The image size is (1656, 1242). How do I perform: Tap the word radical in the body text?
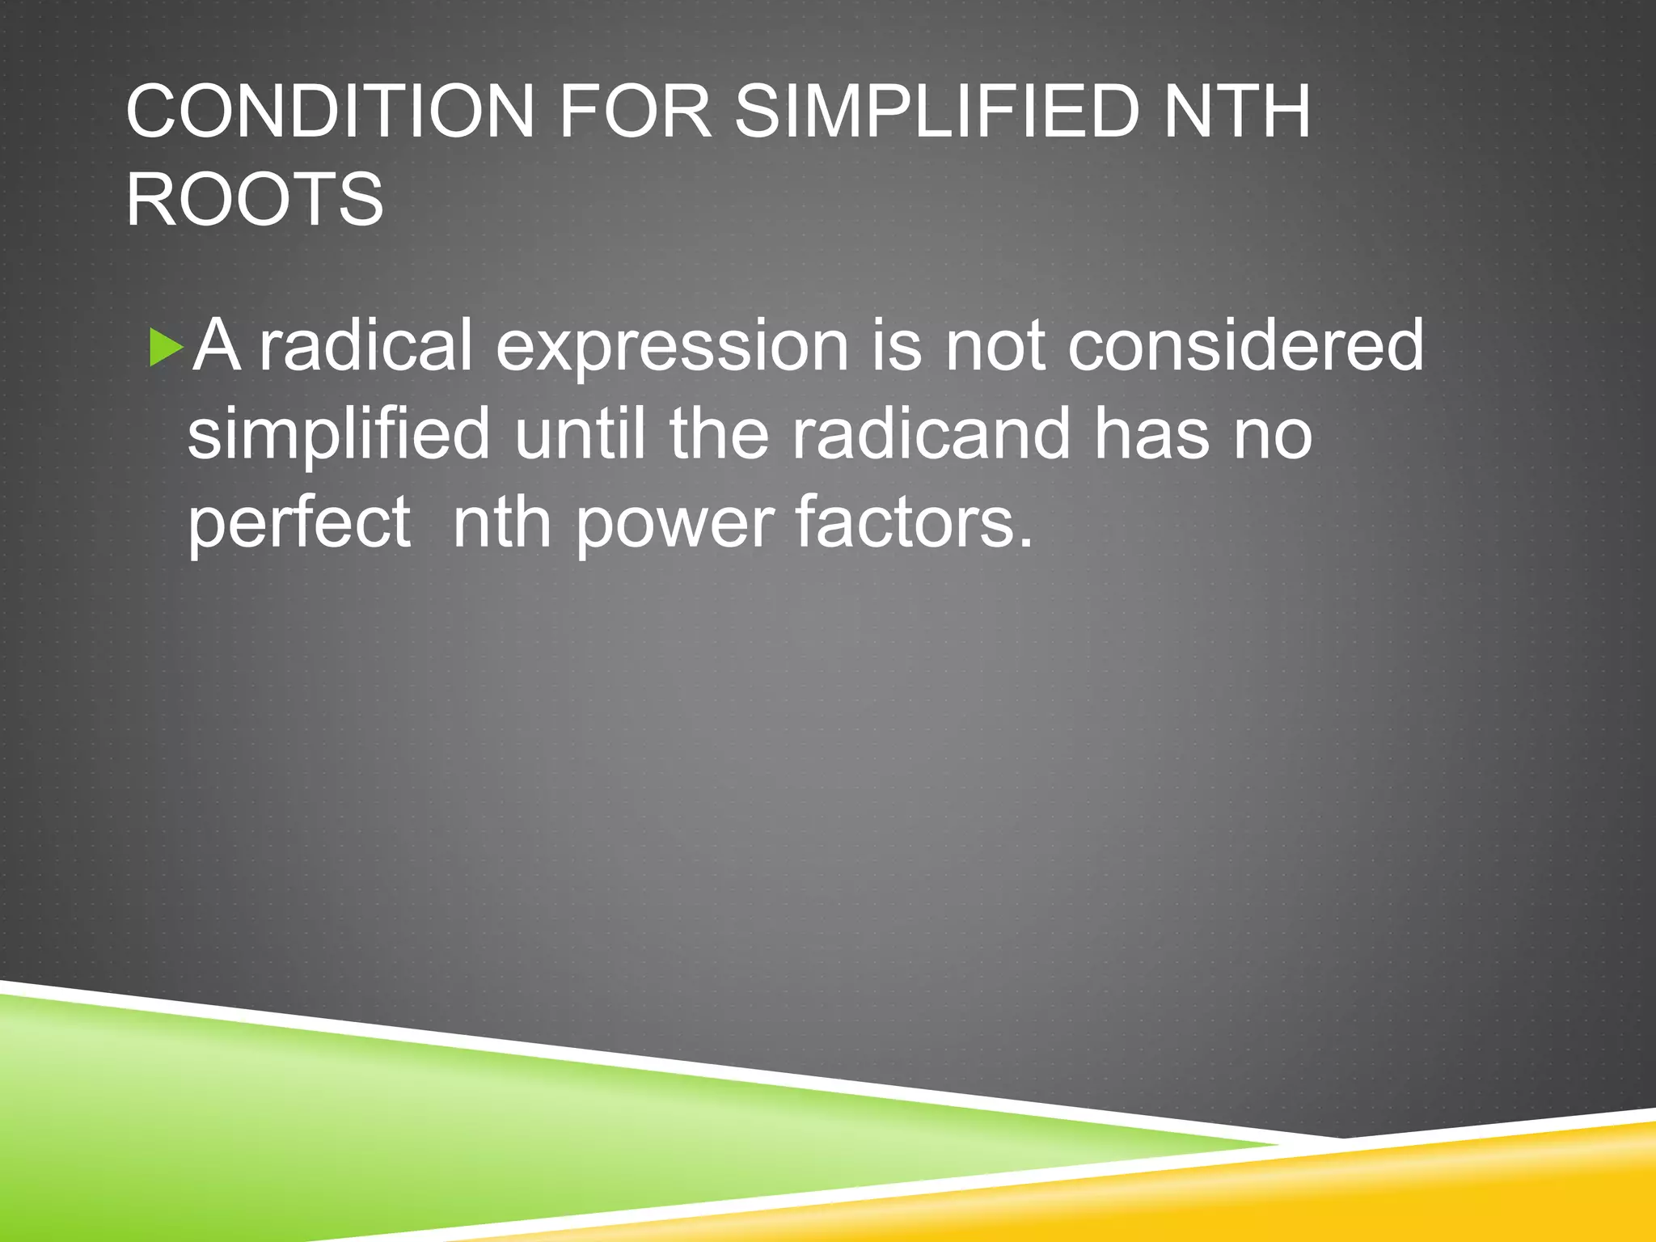pos(365,346)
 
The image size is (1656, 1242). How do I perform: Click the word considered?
pos(1245,346)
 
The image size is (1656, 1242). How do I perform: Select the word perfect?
pos(299,524)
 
